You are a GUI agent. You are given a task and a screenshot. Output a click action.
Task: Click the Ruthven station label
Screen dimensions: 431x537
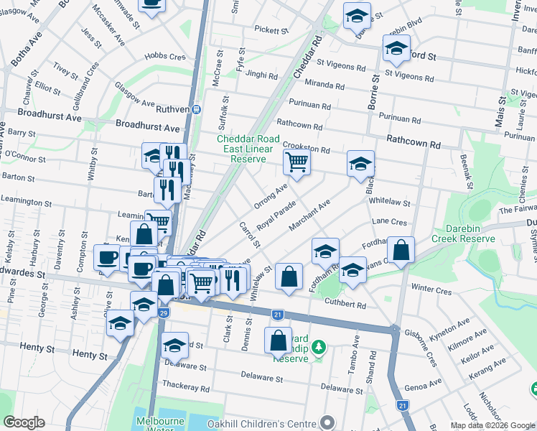click(172, 109)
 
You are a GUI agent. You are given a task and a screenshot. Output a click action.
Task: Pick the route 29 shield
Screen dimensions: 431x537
click(164, 314)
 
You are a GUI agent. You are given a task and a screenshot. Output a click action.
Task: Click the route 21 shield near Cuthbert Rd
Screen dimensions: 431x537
click(277, 314)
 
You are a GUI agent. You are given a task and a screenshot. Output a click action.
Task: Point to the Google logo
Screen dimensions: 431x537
click(24, 422)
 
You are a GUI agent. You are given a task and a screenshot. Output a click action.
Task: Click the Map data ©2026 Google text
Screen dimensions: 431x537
click(492, 425)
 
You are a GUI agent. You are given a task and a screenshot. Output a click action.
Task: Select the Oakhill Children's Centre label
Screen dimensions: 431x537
click(262, 424)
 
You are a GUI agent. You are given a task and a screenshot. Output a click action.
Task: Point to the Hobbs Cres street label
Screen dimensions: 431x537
click(164, 57)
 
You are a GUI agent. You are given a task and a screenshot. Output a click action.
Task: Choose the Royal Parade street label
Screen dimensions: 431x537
click(276, 215)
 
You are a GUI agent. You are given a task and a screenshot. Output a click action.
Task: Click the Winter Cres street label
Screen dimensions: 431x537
click(431, 290)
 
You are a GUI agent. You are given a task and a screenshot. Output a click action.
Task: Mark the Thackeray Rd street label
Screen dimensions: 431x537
click(185, 388)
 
